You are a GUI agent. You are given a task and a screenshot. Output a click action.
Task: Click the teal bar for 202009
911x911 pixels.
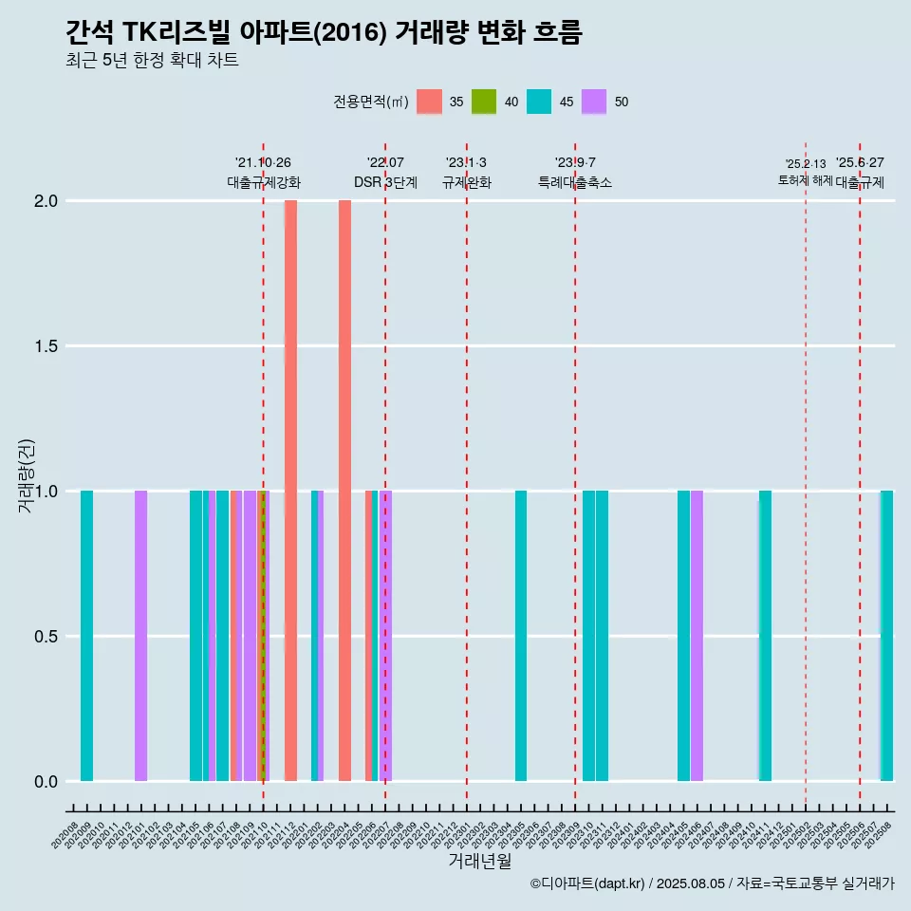click(86, 636)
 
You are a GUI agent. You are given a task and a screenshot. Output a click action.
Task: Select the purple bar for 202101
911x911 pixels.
click(140, 636)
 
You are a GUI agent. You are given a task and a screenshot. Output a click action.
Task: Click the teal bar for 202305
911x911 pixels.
click(521, 636)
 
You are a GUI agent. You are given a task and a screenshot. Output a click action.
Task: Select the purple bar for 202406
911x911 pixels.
click(697, 636)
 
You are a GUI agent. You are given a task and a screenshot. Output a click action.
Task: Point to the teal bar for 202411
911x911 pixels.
click(765, 636)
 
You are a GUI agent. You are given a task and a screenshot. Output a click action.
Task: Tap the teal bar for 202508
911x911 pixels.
click(886, 636)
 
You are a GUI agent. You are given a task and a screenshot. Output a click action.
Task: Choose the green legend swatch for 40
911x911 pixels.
click(484, 102)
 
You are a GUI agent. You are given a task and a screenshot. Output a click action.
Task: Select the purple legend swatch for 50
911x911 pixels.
click(594, 102)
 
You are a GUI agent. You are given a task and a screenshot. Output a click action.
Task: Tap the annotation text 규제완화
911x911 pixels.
click(466, 182)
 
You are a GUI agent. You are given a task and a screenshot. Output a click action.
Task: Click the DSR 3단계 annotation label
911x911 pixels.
click(385, 182)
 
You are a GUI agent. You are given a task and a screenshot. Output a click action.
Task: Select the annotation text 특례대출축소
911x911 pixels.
click(575, 182)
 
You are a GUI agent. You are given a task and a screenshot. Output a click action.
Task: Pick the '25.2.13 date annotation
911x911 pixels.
click(806, 164)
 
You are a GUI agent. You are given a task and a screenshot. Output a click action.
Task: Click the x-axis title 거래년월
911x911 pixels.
click(479, 861)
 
